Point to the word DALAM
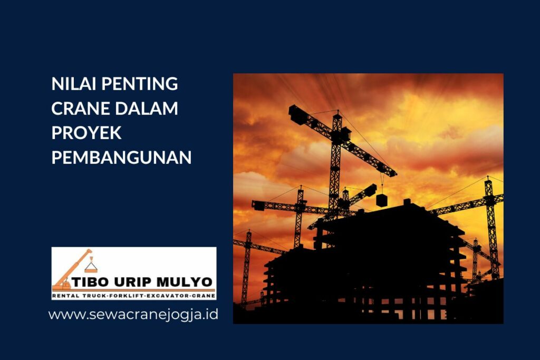coord(147,108)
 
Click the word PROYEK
coord(86,133)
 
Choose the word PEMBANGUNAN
coord(121,157)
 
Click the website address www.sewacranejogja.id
coord(133,315)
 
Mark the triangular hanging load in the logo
coord(91,267)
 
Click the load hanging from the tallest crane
coord(382,200)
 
